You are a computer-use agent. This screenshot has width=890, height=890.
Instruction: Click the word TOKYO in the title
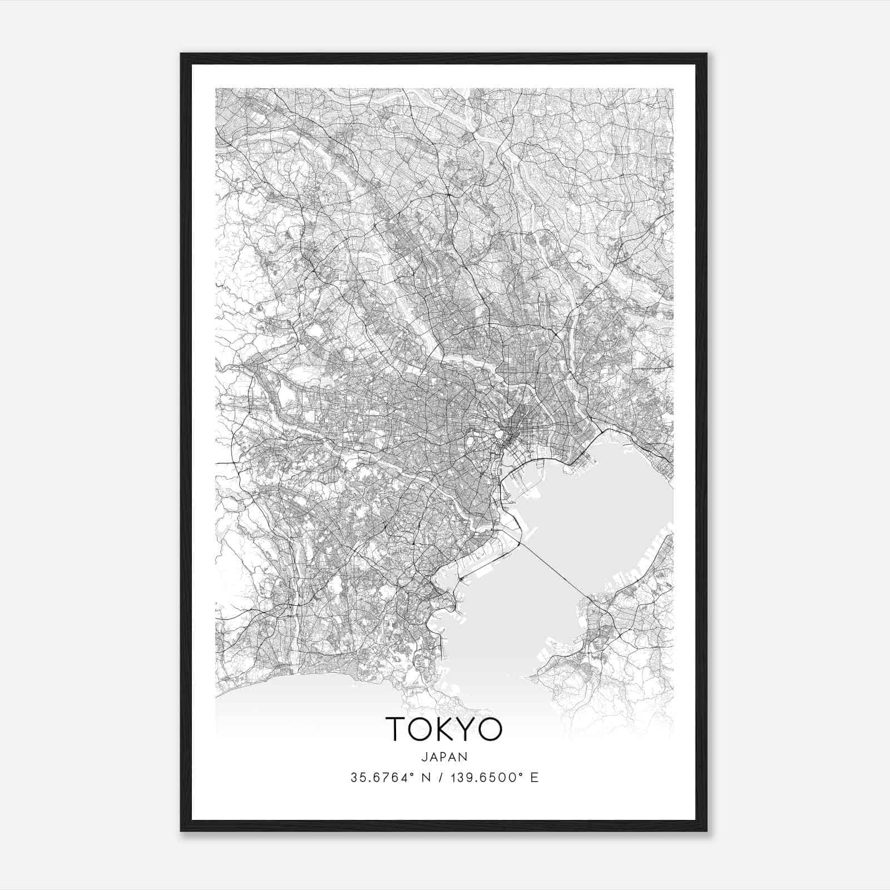[x=444, y=729]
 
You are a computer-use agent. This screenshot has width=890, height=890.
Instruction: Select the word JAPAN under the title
[x=444, y=756]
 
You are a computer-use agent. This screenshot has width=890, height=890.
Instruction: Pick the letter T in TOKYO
[x=397, y=729]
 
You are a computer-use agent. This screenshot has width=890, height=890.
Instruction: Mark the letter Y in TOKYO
[x=466, y=729]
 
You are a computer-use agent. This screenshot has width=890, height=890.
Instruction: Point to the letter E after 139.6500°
[x=535, y=778]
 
